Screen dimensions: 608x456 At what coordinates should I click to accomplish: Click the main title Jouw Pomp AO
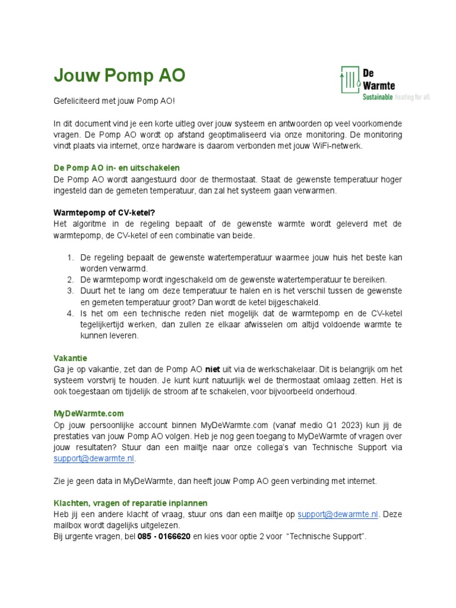(x=119, y=75)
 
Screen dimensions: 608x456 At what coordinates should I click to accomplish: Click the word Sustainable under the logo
(x=378, y=97)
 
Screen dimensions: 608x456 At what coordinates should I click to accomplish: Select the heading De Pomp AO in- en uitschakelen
(x=116, y=168)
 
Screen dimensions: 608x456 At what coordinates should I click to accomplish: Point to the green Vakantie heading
(x=70, y=358)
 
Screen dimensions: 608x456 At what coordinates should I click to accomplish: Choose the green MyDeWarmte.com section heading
(x=88, y=413)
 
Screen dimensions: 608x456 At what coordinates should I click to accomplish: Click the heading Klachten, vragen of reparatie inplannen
(x=131, y=503)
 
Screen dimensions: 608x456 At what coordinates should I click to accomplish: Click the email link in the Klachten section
(x=338, y=514)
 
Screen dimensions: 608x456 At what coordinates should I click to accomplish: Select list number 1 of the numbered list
(x=69, y=258)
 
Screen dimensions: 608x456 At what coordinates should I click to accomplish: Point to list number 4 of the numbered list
(x=69, y=313)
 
